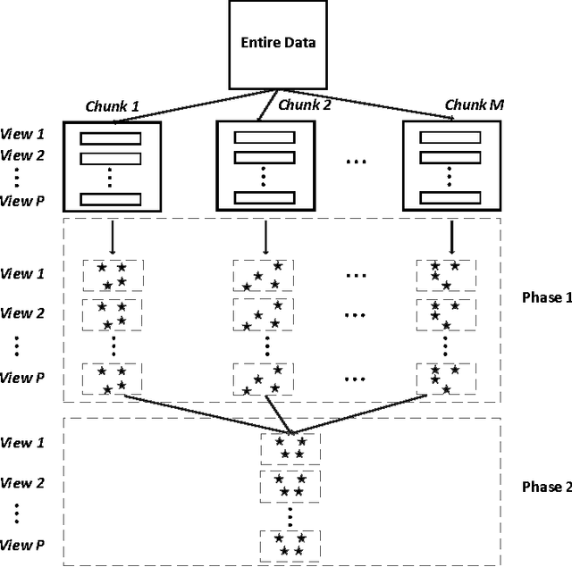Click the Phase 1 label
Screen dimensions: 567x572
coord(545,297)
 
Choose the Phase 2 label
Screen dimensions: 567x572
coord(545,487)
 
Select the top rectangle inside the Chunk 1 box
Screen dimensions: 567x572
coord(112,138)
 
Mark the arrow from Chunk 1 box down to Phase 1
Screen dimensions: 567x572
coord(112,238)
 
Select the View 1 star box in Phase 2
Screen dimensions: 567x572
coord(288,447)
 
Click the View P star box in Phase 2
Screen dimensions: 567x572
coord(288,544)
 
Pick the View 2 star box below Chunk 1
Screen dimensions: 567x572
coord(112,313)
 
